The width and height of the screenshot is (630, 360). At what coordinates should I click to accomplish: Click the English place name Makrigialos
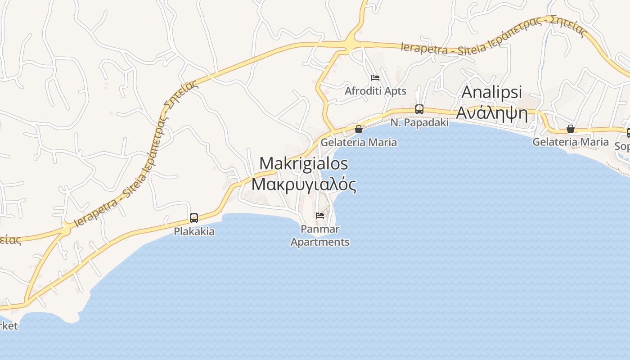[x=304, y=163]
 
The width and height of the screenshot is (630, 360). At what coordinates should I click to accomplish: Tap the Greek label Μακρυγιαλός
[x=304, y=184]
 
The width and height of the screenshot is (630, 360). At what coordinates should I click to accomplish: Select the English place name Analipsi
[x=492, y=92]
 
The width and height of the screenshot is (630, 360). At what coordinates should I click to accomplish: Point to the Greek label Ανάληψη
[x=492, y=113]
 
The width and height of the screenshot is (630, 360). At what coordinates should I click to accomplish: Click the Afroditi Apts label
[x=375, y=91]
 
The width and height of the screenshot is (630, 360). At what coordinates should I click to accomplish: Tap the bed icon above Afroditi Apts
[x=375, y=78]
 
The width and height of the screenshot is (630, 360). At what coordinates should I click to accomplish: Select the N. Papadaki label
[x=419, y=122]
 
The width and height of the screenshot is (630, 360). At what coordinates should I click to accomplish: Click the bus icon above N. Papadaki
[x=419, y=109]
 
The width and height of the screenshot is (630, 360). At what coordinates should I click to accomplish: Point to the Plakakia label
[x=194, y=232]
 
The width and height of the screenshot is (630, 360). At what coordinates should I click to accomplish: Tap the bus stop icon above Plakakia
[x=194, y=218]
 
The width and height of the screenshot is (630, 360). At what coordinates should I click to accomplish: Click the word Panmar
[x=320, y=229]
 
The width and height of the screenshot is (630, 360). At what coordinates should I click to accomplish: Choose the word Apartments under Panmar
[x=320, y=242]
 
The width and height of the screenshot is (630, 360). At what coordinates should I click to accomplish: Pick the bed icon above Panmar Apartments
[x=320, y=216]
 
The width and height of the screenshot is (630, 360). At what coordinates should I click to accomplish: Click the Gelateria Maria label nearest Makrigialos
[x=359, y=142]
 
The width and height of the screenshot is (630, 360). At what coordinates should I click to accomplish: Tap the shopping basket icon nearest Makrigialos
[x=359, y=129]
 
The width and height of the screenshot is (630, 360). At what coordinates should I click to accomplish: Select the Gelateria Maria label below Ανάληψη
[x=571, y=142]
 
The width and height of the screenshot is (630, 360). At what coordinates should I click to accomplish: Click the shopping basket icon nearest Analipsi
[x=571, y=129]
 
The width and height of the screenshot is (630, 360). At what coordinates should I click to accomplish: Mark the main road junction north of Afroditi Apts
[x=350, y=44]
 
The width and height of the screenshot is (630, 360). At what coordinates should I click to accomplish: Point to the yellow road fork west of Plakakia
[x=66, y=229]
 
